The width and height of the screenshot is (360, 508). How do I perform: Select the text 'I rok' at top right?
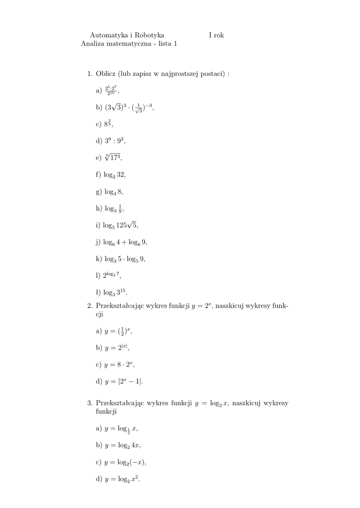(x=216, y=35)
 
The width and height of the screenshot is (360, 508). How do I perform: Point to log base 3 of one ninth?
(x=112, y=209)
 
